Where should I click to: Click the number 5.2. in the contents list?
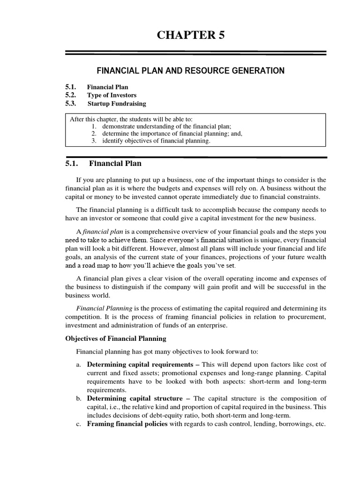(x=71, y=95)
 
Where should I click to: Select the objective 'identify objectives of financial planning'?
(x=155, y=141)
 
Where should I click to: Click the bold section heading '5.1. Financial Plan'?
(x=103, y=164)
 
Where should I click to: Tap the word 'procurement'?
(x=306, y=317)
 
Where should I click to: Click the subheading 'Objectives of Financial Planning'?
(x=115, y=338)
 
